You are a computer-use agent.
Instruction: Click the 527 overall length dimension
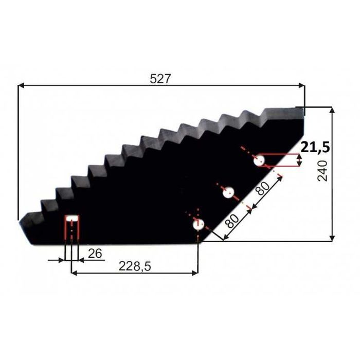click(160, 79)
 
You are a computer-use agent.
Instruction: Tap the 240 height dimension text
click(322, 171)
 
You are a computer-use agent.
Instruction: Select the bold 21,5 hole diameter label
click(315, 148)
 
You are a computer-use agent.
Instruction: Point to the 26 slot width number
click(95, 254)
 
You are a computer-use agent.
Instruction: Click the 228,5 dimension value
click(135, 266)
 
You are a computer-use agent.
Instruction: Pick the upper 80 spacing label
click(263, 188)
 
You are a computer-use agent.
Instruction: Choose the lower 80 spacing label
click(232, 221)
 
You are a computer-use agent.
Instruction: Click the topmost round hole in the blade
click(259, 160)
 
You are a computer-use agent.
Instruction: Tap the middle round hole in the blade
click(228, 192)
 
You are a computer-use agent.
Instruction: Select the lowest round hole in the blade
click(199, 224)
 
